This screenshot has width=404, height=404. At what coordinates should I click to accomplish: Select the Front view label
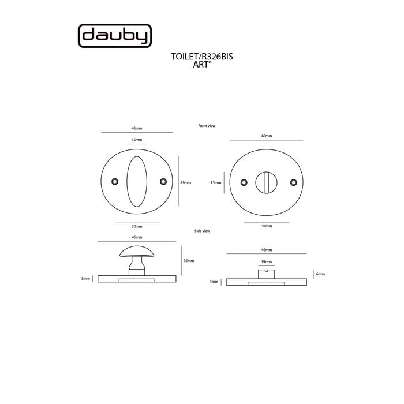coord(206,125)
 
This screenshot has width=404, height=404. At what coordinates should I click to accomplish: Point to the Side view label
coord(203,231)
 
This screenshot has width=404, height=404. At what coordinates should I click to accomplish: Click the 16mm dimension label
coord(137,140)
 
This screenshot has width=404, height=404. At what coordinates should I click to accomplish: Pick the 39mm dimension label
coord(185,182)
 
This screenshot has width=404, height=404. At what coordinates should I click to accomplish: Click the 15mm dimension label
coord(216,182)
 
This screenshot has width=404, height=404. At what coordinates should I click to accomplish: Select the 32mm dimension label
coord(189,261)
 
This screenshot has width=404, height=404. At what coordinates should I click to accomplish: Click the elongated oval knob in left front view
coord(137,181)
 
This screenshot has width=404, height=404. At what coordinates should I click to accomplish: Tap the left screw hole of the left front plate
coord(114,182)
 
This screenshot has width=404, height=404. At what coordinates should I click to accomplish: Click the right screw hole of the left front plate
coord(163,182)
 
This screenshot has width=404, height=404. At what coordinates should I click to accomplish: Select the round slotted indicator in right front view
coord(266,182)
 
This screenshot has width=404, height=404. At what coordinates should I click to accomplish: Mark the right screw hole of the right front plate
coord(294,182)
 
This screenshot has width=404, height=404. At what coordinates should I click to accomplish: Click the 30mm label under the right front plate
coord(266,226)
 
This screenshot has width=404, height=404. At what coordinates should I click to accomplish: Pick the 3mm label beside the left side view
coord(85,279)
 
